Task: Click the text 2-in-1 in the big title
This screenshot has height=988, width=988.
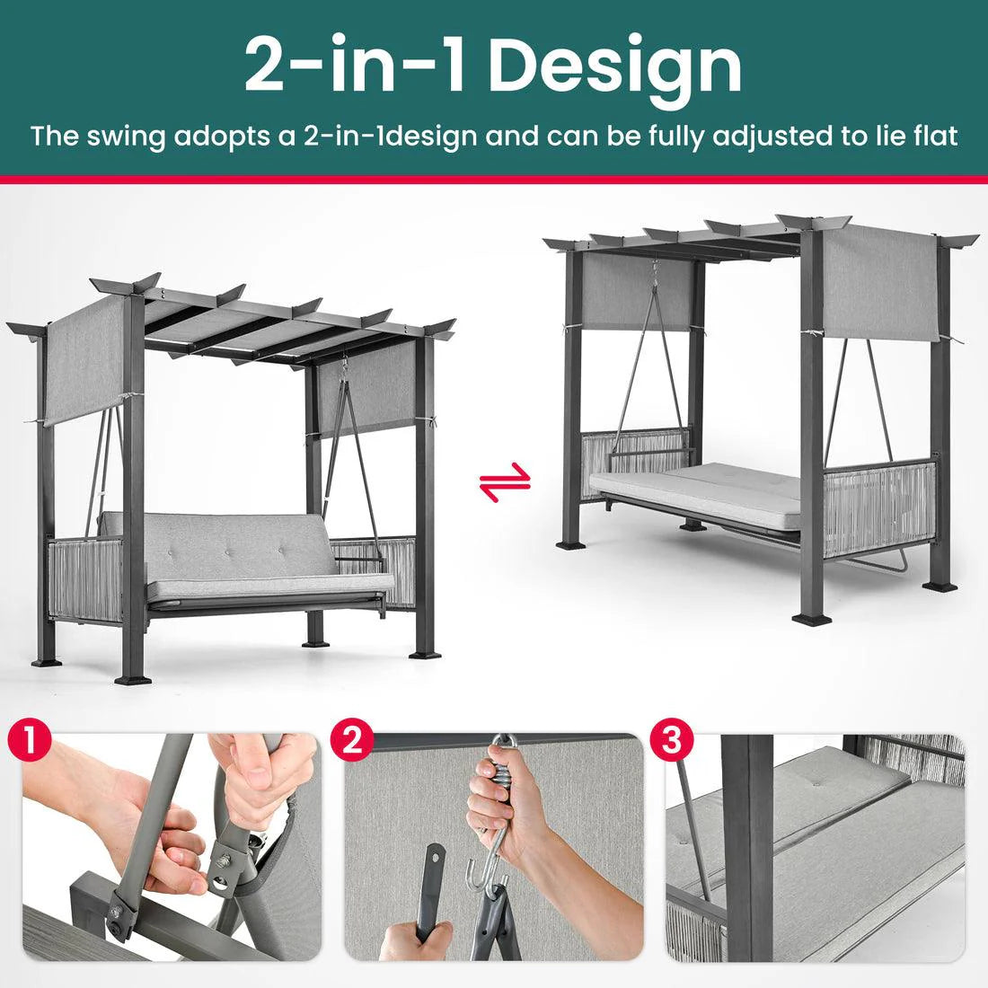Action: click(355, 65)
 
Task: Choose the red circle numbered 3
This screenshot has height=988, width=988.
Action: click(676, 743)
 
